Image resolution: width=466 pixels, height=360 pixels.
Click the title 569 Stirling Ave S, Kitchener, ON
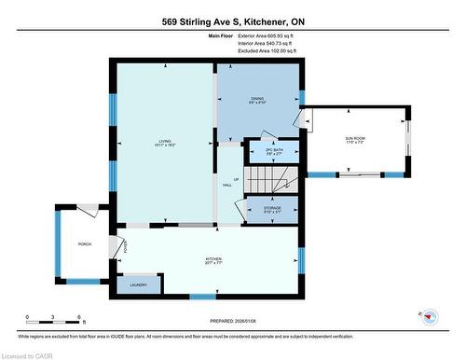point(233,21)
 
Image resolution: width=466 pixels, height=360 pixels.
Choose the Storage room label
point(272,209)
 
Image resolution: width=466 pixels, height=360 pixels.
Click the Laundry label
point(138,284)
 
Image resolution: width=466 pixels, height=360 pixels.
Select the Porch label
point(84,244)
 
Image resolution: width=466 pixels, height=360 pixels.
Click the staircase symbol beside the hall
point(273,178)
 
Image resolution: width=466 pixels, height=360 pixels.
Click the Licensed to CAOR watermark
point(29,353)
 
